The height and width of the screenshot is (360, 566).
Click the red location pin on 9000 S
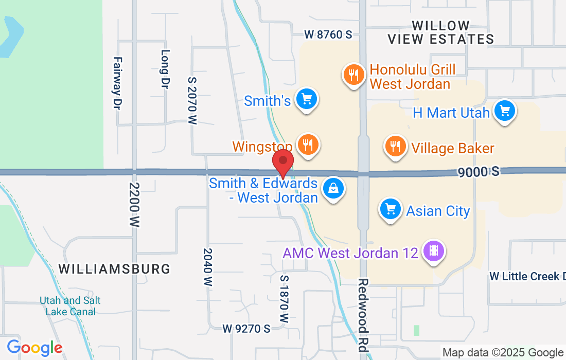(282, 162)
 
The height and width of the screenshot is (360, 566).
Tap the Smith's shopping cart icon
(307, 99)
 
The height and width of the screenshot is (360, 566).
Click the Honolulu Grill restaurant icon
(353, 75)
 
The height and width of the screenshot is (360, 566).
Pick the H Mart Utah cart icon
(504, 111)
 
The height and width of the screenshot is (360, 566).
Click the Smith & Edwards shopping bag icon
(333, 189)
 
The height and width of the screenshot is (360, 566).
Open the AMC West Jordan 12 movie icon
(434, 251)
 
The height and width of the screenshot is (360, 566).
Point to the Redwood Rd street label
(363, 315)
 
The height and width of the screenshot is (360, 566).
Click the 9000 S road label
(479, 172)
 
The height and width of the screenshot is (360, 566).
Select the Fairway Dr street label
(117, 82)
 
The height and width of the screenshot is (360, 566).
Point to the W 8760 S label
(328, 35)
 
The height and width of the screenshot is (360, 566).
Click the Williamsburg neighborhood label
(114, 268)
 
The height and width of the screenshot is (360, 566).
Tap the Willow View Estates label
(440, 32)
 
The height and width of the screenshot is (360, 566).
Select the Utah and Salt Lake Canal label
(70, 306)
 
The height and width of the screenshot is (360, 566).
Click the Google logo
(34, 348)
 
